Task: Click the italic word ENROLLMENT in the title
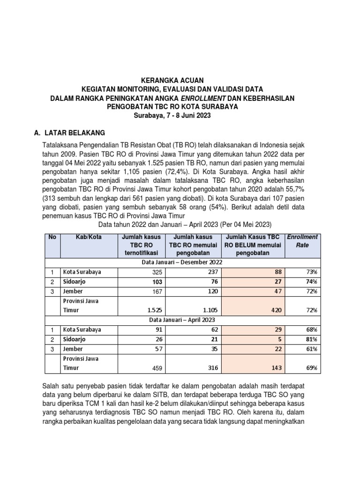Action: coord(202,98)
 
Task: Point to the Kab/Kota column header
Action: coord(89,237)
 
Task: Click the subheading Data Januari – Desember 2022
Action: coord(182,262)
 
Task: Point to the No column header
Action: coord(52,237)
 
